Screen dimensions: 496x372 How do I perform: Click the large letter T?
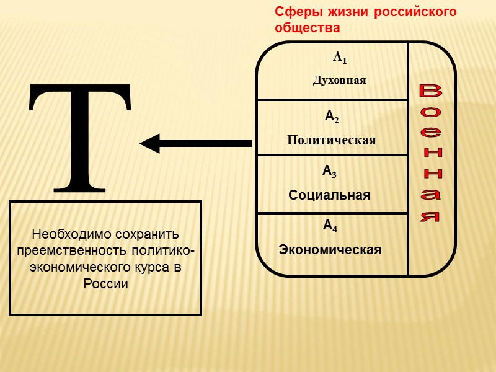(x=81, y=136)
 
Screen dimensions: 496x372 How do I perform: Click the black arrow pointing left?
(x=195, y=144)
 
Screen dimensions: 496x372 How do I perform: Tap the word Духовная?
(x=340, y=81)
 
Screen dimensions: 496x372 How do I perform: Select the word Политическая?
(x=331, y=140)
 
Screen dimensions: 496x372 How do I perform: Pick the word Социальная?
(x=329, y=195)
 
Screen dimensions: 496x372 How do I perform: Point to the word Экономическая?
(x=330, y=250)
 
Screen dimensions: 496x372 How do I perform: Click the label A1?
(x=340, y=58)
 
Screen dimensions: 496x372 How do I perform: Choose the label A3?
(x=329, y=170)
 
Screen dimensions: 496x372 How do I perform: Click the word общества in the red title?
(x=307, y=28)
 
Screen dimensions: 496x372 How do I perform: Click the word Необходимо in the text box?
(x=69, y=235)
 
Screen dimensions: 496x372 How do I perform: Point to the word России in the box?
(x=105, y=284)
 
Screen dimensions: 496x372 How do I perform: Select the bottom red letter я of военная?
(x=430, y=217)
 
